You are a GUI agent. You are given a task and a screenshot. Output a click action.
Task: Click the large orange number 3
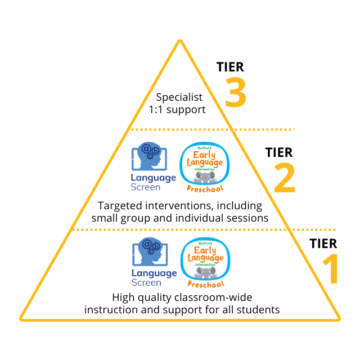[x=236, y=93]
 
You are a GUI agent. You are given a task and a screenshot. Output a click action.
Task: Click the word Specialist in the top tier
[x=179, y=97]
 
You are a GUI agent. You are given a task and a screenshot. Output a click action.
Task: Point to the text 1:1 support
[x=177, y=109]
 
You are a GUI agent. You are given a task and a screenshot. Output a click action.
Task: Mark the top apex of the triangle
[x=179, y=41]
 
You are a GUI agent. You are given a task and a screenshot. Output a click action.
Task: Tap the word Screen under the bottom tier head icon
[x=146, y=282]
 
